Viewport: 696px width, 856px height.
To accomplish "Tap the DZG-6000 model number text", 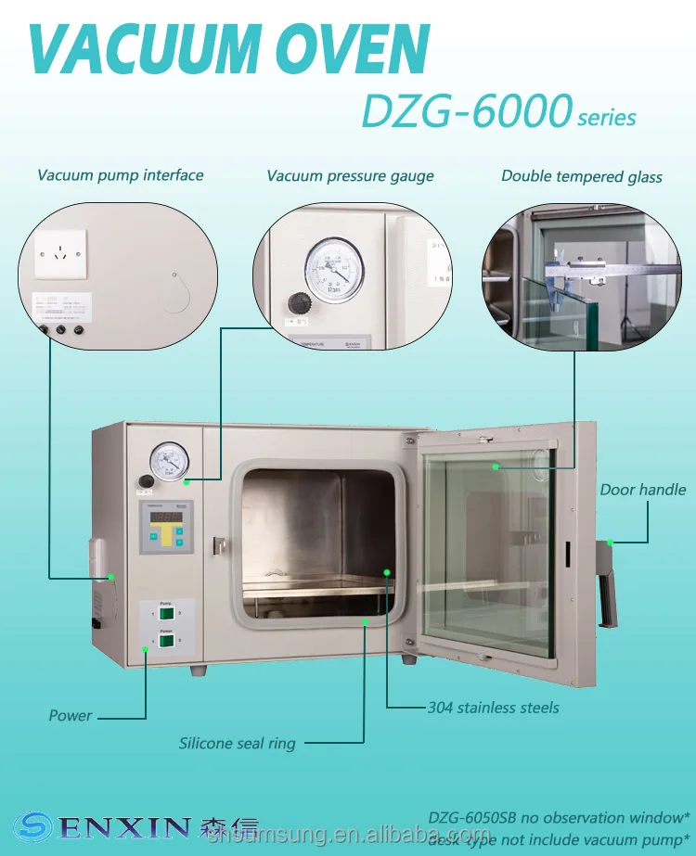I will [x=465, y=112].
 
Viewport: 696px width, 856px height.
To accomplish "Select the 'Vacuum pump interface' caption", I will [x=120, y=174].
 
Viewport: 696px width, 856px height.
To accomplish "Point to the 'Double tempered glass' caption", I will [x=581, y=175].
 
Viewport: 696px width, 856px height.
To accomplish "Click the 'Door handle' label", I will [x=642, y=490].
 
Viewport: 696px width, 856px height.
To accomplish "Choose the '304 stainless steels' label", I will [x=493, y=708].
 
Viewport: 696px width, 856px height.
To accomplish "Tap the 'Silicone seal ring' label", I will [x=238, y=743].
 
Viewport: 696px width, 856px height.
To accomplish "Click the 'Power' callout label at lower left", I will [x=71, y=715].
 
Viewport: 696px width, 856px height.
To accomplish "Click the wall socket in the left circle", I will [x=60, y=253].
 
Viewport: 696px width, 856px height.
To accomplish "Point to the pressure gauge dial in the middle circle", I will [x=334, y=269].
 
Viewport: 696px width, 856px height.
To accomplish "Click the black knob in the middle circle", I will [x=299, y=302].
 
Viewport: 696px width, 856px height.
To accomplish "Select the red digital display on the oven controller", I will [x=166, y=517].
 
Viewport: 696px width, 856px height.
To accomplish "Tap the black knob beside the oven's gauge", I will [x=146, y=480].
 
